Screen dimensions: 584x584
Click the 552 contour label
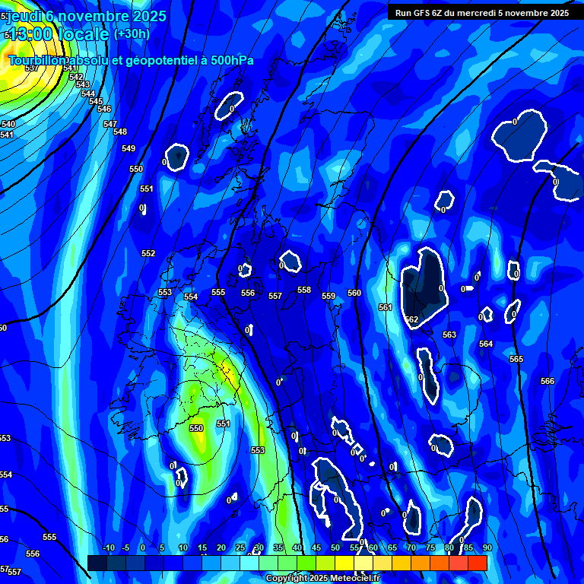pyautogui.click(x=148, y=253)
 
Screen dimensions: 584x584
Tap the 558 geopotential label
pyautogui.click(x=304, y=290)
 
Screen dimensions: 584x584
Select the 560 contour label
pyautogui.click(x=354, y=293)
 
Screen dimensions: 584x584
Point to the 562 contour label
pyautogui.click(x=411, y=320)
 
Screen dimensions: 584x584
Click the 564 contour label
pyautogui.click(x=486, y=344)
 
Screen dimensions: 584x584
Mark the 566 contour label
pyautogui.click(x=547, y=381)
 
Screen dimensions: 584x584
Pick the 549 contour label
pyautogui.click(x=129, y=148)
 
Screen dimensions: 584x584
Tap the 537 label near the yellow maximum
pyautogui.click(x=31, y=68)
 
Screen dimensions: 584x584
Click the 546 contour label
pyautogui.click(x=104, y=109)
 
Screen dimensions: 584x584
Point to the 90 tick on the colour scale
pyautogui.click(x=487, y=547)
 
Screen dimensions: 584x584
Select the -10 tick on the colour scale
pyautogui.click(x=108, y=547)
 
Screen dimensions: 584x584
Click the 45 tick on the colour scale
pyautogui.click(x=316, y=547)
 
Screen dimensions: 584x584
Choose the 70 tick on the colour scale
pyautogui.click(x=411, y=547)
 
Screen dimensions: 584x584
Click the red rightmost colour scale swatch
pyautogui.click(x=478, y=563)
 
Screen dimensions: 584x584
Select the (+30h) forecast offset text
pyautogui.click(x=132, y=33)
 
